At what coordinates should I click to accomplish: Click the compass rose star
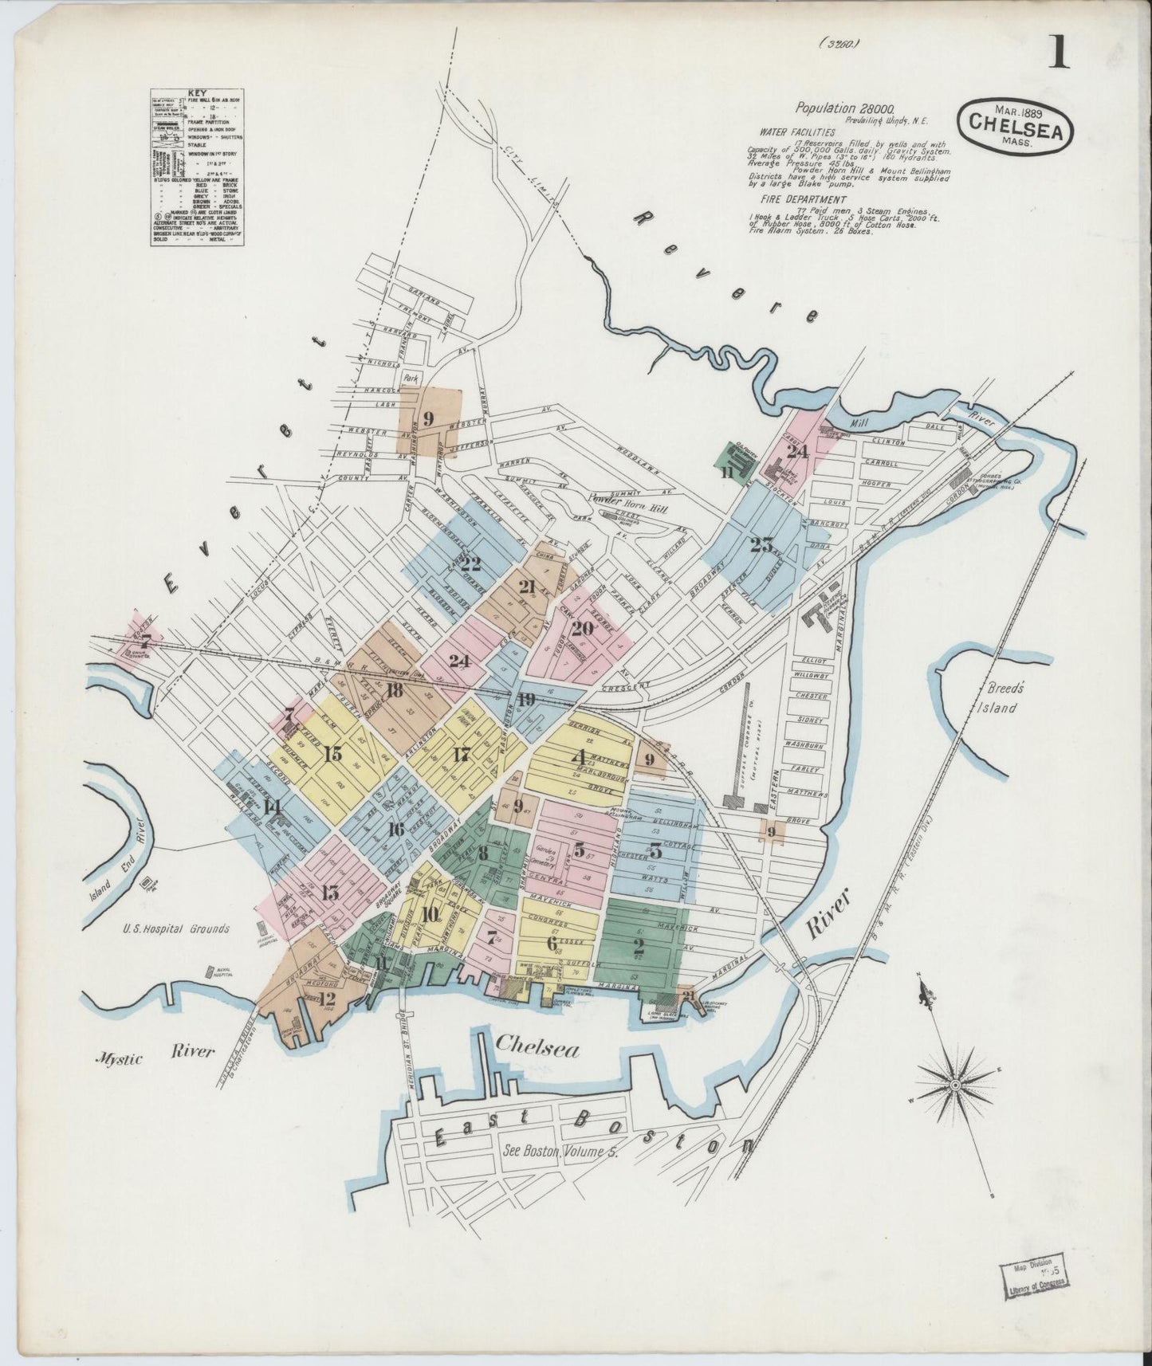(955, 1085)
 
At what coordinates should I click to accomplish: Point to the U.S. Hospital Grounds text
(176, 928)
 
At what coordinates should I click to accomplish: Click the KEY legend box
(196, 167)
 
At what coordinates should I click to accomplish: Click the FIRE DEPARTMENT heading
(804, 199)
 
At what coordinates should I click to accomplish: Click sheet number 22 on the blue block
(471, 563)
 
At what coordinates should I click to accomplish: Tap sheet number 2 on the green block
(638, 947)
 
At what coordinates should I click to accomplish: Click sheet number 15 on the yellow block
(333, 753)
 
